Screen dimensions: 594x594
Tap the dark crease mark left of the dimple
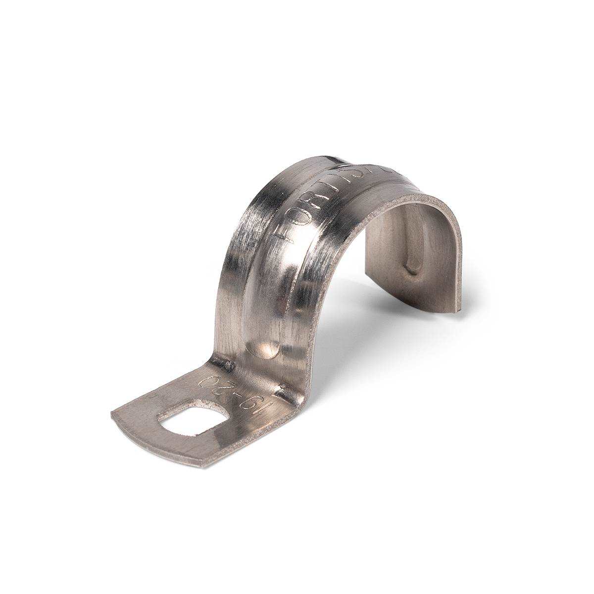click(x=228, y=365)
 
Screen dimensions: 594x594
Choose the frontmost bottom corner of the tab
click(x=200, y=465)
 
